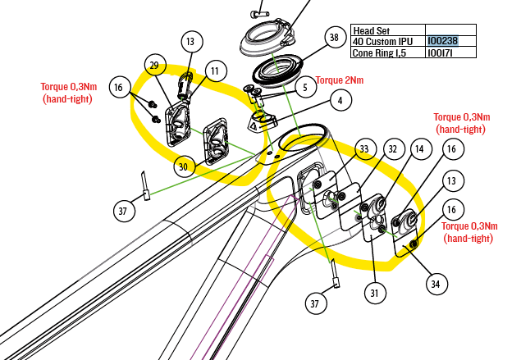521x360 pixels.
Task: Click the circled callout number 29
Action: click(x=153, y=66)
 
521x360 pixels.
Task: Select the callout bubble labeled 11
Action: click(x=214, y=72)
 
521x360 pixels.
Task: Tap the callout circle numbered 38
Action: click(x=333, y=38)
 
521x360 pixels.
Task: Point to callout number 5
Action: click(x=304, y=86)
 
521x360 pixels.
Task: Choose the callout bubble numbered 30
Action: click(x=184, y=166)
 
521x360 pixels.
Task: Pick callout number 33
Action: click(x=364, y=149)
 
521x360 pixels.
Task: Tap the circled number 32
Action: click(x=392, y=149)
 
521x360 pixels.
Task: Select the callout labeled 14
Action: click(x=420, y=149)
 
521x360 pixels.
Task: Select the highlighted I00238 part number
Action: click(x=443, y=39)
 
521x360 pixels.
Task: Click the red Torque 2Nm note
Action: click(x=340, y=80)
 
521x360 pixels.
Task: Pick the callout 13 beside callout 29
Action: click(x=190, y=41)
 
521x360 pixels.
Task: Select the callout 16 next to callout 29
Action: click(x=119, y=87)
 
